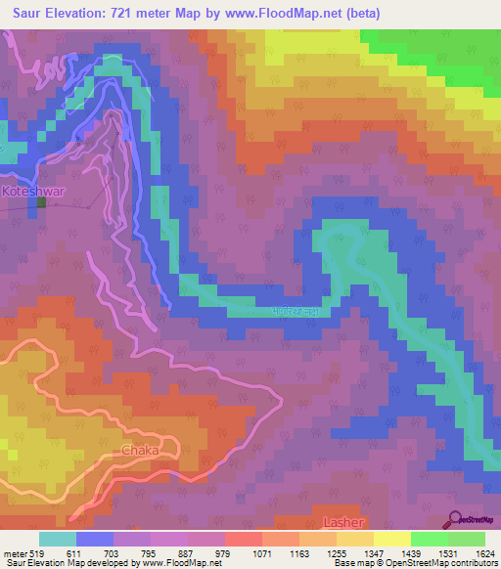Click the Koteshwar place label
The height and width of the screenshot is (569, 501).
point(33,192)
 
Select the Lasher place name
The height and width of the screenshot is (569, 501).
point(342,523)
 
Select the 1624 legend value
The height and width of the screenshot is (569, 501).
point(486,553)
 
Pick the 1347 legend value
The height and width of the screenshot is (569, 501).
point(374,553)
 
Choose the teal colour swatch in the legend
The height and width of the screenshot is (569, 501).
point(58,539)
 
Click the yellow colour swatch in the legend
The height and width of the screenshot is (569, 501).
point(392,539)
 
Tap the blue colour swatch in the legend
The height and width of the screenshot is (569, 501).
point(95,539)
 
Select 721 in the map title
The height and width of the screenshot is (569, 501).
point(134,13)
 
